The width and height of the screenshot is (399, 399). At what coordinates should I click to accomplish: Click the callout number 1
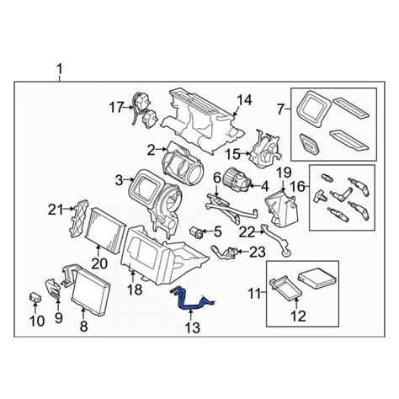point(59,67)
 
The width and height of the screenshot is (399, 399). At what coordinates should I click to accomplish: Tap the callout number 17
point(115,107)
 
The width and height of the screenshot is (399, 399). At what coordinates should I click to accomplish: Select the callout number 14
point(243,100)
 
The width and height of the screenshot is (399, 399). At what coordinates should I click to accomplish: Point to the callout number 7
point(282,109)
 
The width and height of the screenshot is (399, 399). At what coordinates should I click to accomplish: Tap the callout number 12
point(296,317)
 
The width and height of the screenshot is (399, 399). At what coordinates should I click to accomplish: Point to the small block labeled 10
point(35,296)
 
